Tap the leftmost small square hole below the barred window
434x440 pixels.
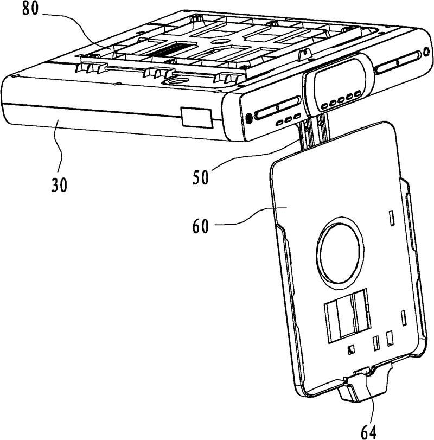tap(352, 349)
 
